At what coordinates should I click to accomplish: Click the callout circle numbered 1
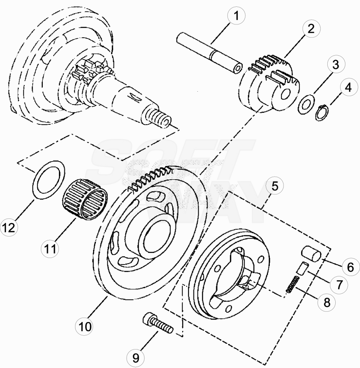tap(236, 16)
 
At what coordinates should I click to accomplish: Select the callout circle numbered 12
tap(9, 227)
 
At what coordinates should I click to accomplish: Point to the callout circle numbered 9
tap(136, 358)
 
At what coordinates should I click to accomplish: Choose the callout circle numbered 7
tap(339, 285)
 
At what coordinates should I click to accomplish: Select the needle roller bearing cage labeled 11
tap(85, 199)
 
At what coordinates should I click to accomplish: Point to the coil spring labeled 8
tap(293, 284)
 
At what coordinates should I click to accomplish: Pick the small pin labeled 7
tap(301, 268)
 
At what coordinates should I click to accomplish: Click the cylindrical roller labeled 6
tap(311, 253)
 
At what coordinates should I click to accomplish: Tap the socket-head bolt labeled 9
tap(158, 323)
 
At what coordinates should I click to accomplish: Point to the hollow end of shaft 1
tap(238, 68)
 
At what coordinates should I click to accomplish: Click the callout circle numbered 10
tap(85, 326)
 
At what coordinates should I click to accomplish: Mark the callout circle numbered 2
tap(311, 29)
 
